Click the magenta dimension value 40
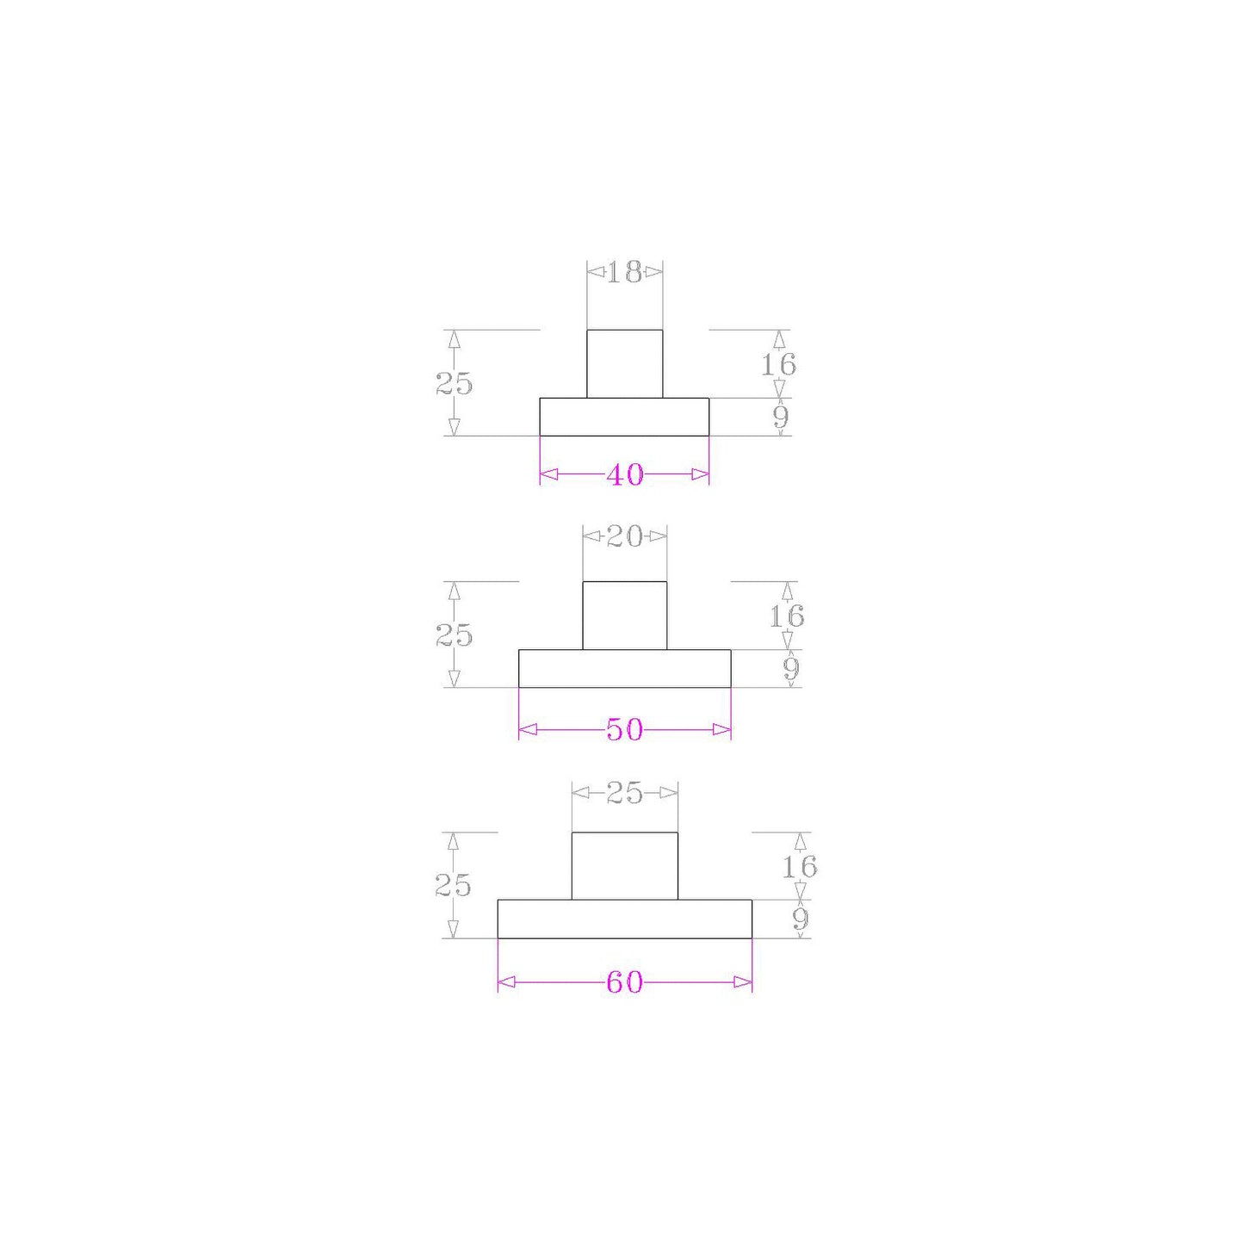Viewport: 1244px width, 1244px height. click(x=624, y=475)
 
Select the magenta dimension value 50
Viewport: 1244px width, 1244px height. click(x=624, y=730)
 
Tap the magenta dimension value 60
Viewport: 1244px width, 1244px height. click(x=624, y=982)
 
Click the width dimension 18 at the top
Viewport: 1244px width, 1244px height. click(x=624, y=272)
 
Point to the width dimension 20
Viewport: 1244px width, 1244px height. click(x=624, y=536)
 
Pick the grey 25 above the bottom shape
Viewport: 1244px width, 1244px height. click(x=624, y=794)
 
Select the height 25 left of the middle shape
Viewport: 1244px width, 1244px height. click(x=454, y=636)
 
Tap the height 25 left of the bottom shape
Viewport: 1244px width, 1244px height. click(x=453, y=887)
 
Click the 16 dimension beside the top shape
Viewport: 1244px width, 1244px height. click(x=778, y=365)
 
